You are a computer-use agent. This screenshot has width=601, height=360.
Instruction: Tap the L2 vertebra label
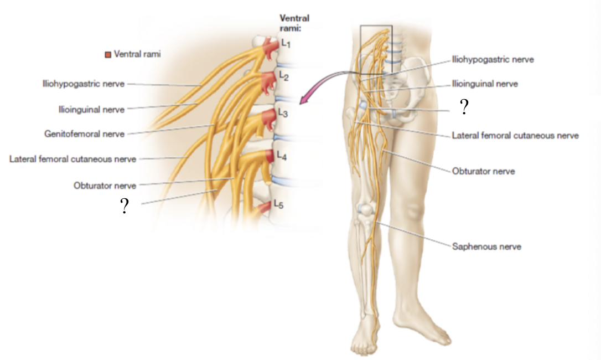[x=283, y=76]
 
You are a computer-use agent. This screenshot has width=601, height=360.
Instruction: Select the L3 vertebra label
[x=283, y=114]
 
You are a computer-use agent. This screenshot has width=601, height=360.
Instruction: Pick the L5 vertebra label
[x=279, y=205]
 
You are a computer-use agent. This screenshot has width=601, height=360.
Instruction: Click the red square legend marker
[x=108, y=54]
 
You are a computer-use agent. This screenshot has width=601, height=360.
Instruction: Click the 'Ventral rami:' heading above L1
[x=294, y=23]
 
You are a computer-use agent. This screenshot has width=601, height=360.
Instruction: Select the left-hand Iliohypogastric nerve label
[x=83, y=84]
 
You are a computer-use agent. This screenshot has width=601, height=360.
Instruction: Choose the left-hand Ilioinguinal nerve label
[x=91, y=109]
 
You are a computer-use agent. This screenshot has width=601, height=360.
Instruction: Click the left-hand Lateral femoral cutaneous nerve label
[x=72, y=159]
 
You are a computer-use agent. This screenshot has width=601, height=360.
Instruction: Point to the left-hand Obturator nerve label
[x=105, y=186]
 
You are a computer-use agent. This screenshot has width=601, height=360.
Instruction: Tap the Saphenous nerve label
[x=486, y=246]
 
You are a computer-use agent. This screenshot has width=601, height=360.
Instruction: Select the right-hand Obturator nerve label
[x=483, y=171]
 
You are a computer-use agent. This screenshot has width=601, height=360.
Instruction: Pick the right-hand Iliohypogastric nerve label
[x=493, y=59]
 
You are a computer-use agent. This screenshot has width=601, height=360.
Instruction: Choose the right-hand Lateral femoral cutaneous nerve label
[x=515, y=135]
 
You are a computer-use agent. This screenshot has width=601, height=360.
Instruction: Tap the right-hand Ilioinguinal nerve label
[x=485, y=84]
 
